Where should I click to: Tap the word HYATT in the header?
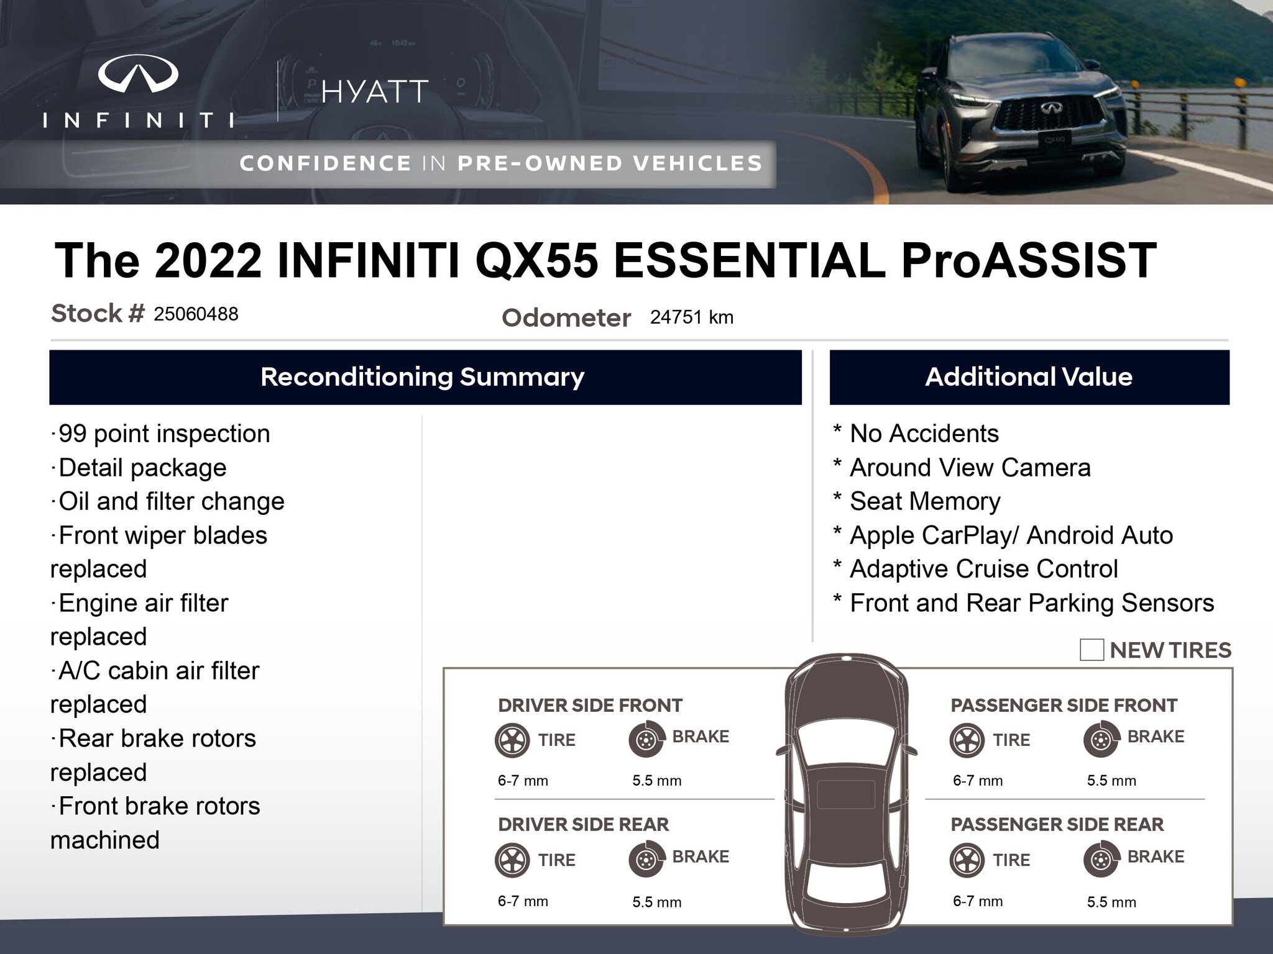click(375, 92)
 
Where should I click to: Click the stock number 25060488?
click(196, 314)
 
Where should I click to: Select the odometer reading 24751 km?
click(692, 317)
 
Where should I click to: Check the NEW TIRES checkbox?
click(1091, 650)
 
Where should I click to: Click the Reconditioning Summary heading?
click(423, 377)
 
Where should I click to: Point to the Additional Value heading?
click(1029, 377)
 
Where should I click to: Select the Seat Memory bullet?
click(917, 501)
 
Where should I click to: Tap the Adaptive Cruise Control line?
click(975, 569)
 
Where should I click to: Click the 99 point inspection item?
click(160, 434)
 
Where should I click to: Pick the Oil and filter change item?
click(167, 501)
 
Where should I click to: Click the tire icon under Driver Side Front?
click(512, 740)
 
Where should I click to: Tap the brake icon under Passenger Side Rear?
click(1100, 860)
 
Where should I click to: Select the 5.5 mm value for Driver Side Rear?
click(657, 902)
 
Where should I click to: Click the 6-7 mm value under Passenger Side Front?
click(978, 781)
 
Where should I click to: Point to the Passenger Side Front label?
click(1064, 706)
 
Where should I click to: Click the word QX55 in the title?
click(536, 260)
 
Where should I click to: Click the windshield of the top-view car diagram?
click(846, 742)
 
